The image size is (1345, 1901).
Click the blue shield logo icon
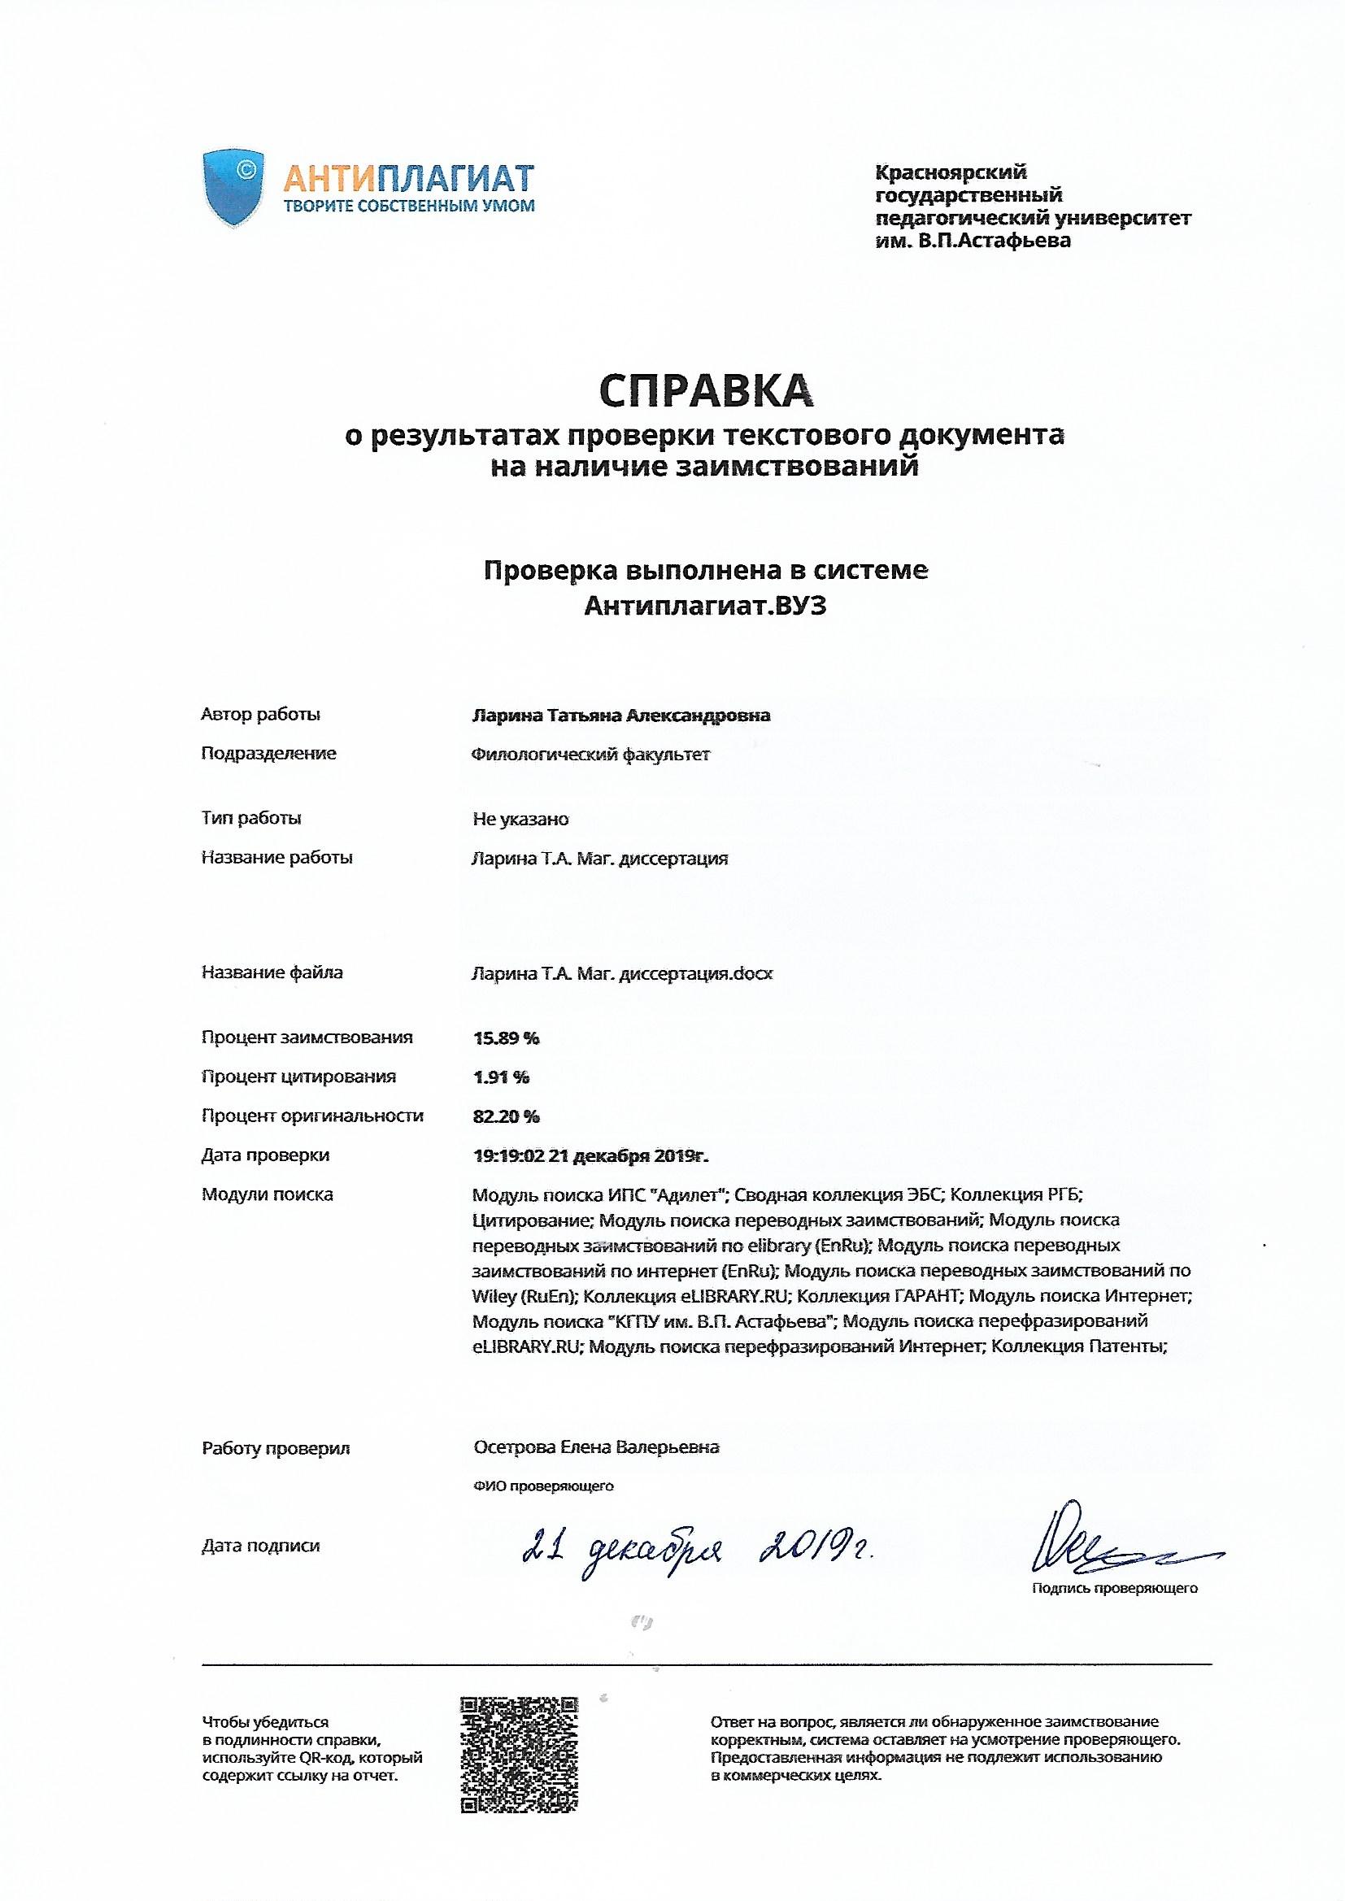[233, 188]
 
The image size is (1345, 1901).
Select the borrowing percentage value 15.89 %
[505, 1038]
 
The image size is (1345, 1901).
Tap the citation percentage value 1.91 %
[500, 1077]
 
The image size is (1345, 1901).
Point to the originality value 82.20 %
[505, 1116]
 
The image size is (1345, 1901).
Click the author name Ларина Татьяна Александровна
[620, 716]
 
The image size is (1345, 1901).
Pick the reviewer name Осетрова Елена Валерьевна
[596, 1447]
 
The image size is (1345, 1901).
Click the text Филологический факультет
[590, 755]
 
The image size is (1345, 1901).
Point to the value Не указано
[520, 819]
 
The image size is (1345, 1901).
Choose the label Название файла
[272, 972]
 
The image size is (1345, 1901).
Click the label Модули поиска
[267, 1194]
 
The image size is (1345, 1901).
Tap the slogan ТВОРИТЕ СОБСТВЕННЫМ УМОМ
[409, 206]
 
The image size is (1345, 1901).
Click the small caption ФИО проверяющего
[543, 1486]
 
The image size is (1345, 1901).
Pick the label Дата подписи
[260, 1546]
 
